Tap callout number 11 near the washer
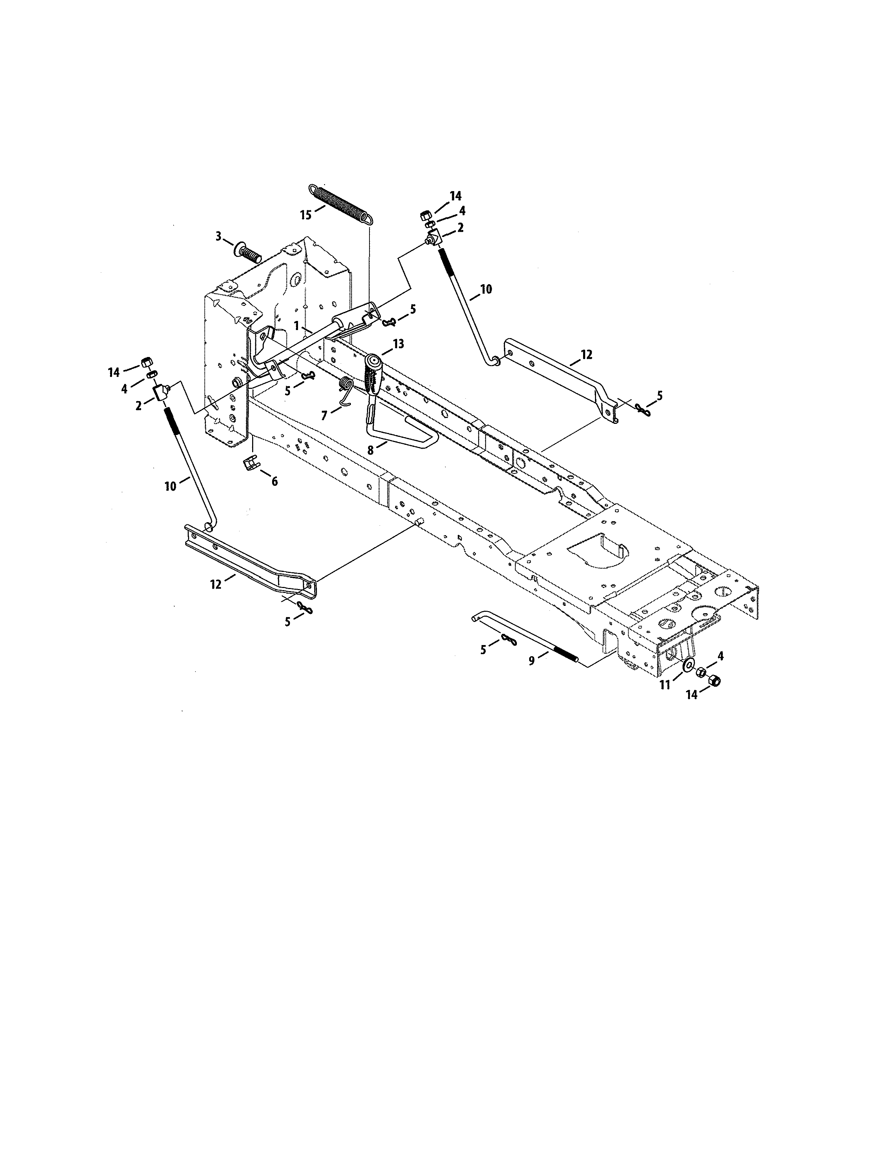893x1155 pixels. [x=664, y=685]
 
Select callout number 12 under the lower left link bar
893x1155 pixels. [x=216, y=585]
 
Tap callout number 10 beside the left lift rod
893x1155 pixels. [x=170, y=486]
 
